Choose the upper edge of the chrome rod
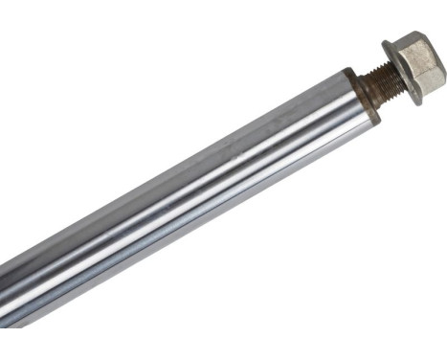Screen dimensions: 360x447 [x=191, y=144]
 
